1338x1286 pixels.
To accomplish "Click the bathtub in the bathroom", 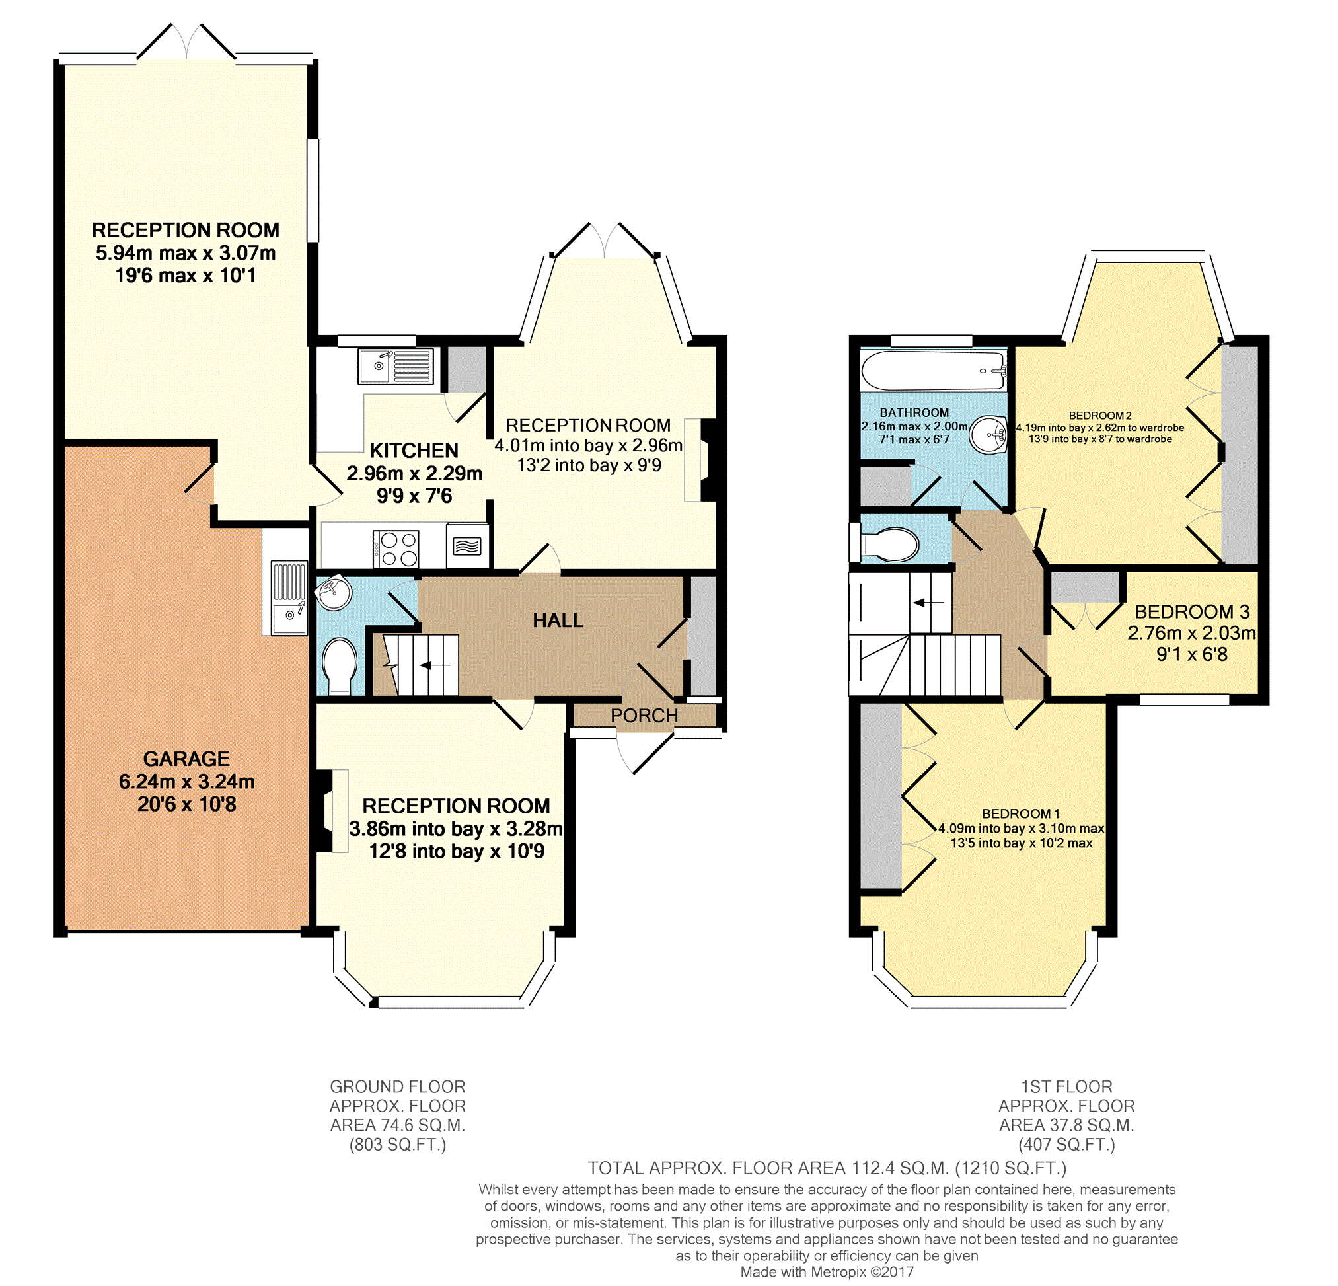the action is (x=933, y=371).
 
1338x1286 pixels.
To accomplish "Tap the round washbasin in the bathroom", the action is (x=989, y=434).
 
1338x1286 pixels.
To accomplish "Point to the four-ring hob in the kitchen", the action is (x=396, y=548).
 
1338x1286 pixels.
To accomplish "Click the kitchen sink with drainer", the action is (x=395, y=366).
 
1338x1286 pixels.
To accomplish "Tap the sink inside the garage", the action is (x=289, y=598).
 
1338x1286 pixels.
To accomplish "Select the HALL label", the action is (x=558, y=621).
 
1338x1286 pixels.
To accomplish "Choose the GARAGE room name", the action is (x=186, y=759).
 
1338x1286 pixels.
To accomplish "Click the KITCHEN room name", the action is (x=414, y=451).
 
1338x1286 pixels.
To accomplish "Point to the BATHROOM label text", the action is (x=914, y=413).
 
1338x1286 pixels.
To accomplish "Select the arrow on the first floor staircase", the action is (x=928, y=603).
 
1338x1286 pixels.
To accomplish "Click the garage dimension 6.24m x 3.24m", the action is (x=186, y=782).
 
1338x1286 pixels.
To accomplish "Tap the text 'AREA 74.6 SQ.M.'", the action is (x=397, y=1125).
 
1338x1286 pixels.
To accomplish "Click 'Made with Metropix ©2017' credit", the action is (x=827, y=1271).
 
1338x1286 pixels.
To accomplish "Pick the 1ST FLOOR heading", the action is (x=1066, y=1086).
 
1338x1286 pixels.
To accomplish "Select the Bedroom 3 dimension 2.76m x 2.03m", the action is (x=1191, y=633).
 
